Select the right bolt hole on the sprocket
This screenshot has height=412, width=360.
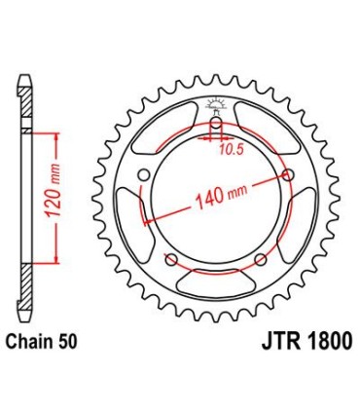tap(288, 175)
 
